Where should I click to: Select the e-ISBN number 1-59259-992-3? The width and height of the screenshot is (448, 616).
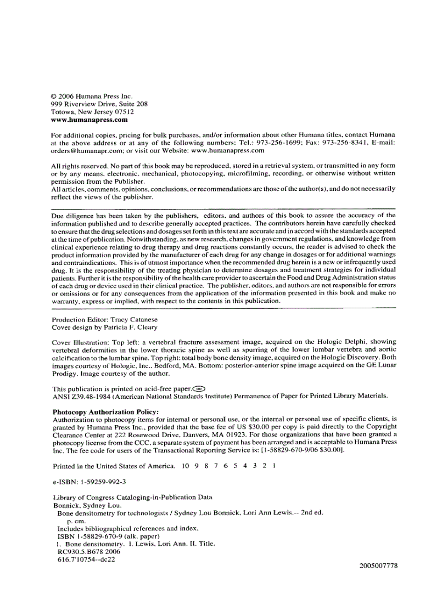[x=103, y=482]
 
